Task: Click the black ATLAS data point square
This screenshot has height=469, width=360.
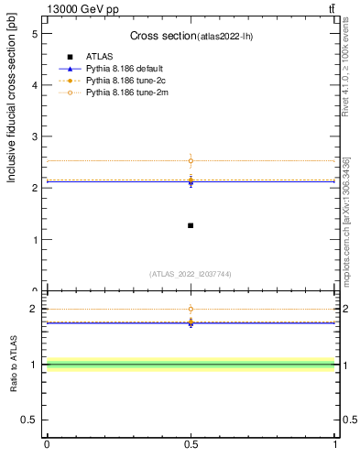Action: (191, 225)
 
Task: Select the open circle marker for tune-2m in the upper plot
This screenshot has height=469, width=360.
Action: (191, 161)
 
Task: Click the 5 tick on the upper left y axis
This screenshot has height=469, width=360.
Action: (34, 33)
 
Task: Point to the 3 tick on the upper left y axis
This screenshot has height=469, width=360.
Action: (34, 136)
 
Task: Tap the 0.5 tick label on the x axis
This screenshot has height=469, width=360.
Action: (191, 444)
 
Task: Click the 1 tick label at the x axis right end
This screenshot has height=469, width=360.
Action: (335, 444)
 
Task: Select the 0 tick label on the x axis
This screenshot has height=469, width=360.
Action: (47, 444)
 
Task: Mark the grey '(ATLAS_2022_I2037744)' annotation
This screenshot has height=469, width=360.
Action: (191, 273)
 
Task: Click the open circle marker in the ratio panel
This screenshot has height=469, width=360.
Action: (191, 309)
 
